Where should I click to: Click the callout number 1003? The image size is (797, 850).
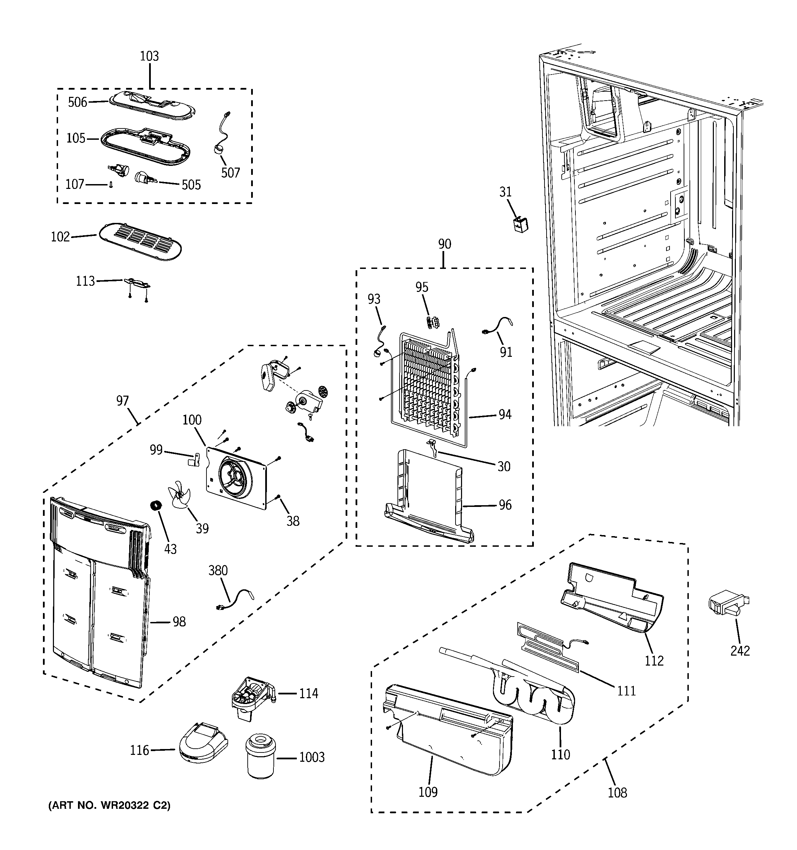[312, 757]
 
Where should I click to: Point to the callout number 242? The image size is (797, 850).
[740, 651]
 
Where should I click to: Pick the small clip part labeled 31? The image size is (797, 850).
[520, 224]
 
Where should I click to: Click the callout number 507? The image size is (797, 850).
[230, 173]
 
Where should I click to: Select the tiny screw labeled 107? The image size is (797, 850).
[111, 185]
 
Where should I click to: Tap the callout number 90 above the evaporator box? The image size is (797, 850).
[445, 244]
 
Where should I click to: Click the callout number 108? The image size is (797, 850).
[617, 793]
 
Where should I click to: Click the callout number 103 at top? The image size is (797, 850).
[149, 56]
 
